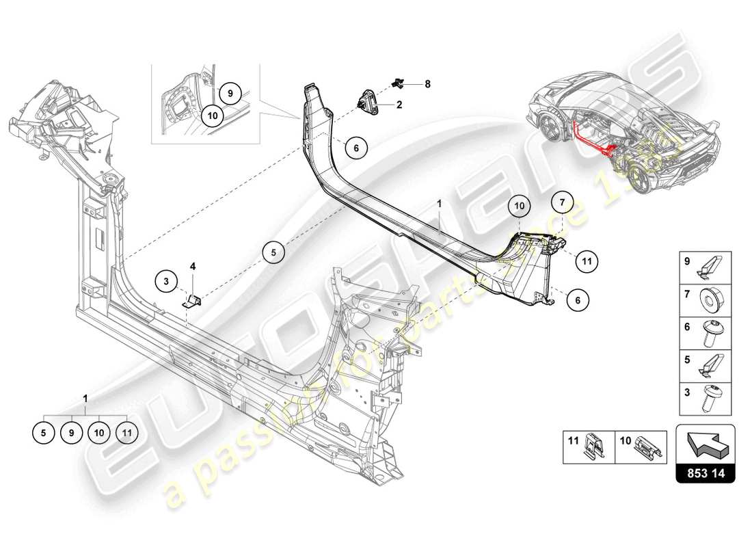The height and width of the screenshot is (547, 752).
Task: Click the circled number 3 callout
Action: (x=165, y=280)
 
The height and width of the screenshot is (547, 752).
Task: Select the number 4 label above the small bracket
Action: (x=193, y=266)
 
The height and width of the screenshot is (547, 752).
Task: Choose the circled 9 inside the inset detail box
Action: (x=230, y=93)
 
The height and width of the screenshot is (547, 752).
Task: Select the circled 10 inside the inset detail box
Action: (x=212, y=116)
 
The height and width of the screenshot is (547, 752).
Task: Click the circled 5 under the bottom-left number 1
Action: (x=44, y=432)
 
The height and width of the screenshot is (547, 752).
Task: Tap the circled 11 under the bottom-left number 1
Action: (x=126, y=432)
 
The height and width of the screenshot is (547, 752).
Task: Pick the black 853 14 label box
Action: (x=706, y=470)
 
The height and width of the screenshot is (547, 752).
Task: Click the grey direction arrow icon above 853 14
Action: (x=706, y=443)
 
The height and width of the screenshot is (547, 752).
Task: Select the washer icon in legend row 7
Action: (x=708, y=299)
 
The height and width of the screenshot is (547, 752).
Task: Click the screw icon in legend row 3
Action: (x=708, y=397)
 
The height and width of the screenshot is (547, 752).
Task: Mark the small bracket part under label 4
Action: (x=194, y=299)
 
